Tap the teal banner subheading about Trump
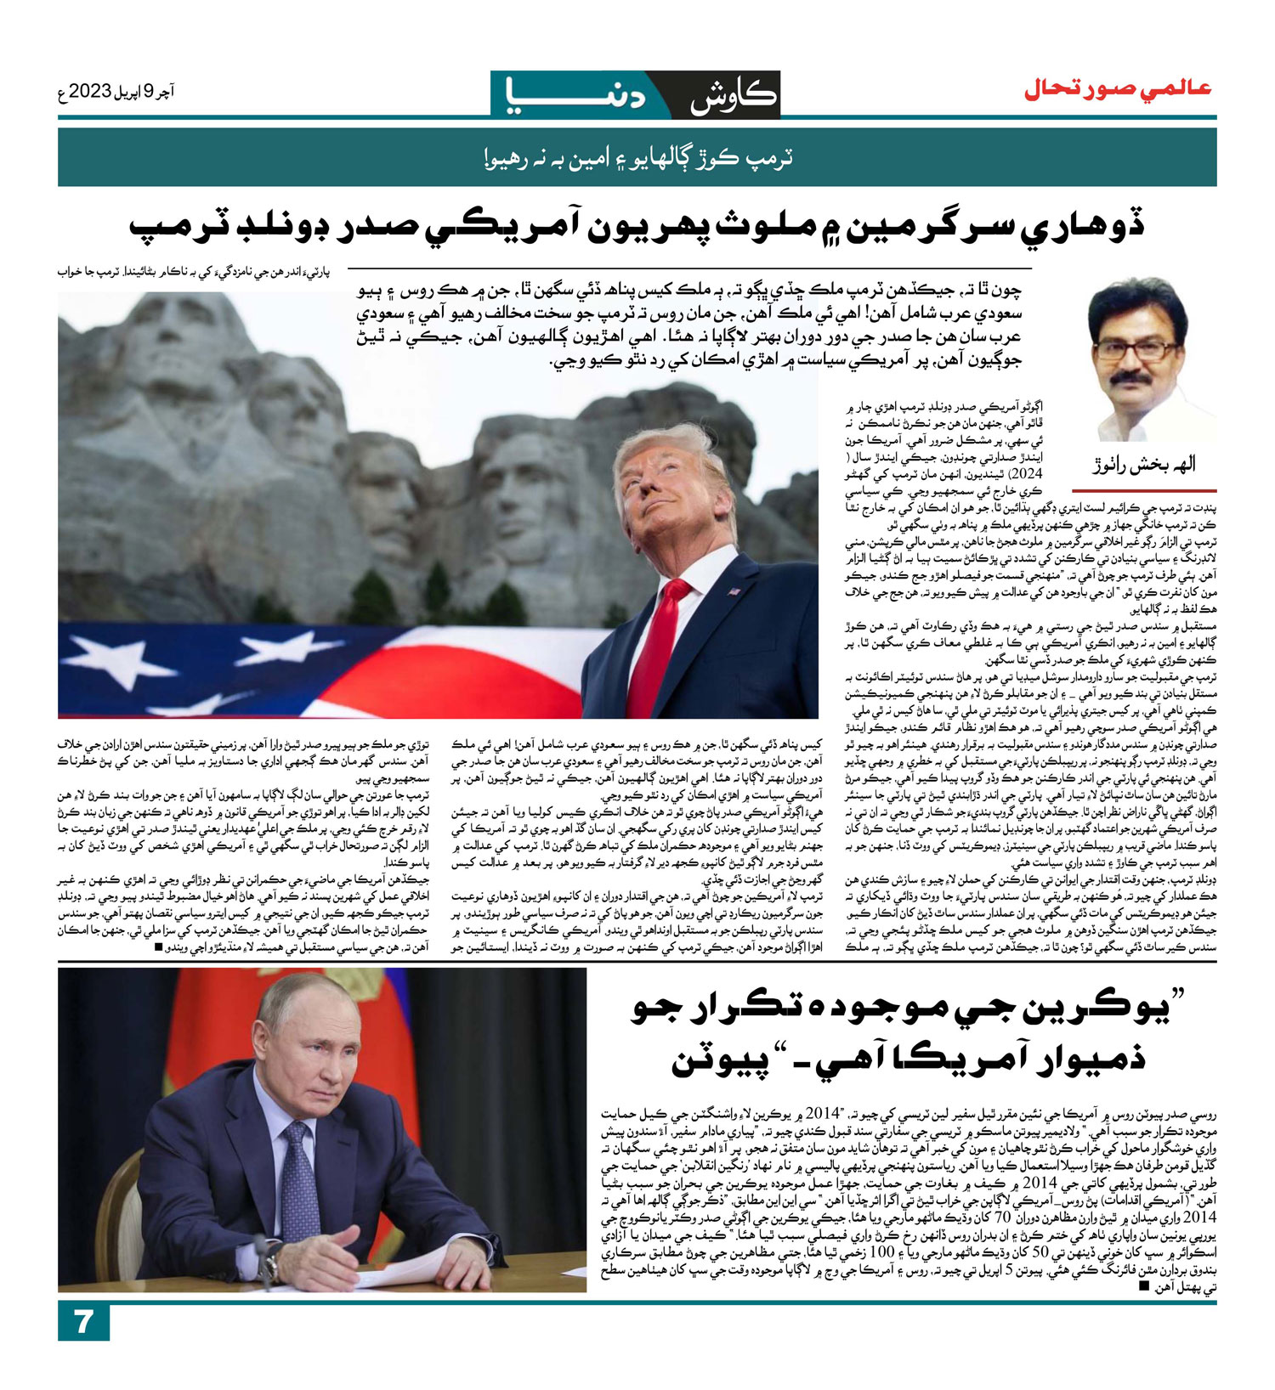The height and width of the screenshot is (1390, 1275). point(637,158)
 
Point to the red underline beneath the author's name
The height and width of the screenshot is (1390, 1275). point(1144,491)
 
